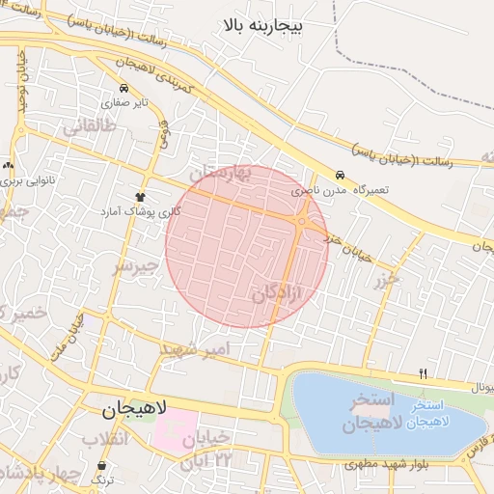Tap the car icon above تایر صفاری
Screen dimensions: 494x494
(123, 88)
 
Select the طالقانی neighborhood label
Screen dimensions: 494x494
(90, 127)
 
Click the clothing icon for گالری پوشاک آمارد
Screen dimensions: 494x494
(141, 197)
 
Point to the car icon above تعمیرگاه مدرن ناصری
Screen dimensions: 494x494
(340, 176)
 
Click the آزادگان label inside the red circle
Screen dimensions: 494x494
(278, 295)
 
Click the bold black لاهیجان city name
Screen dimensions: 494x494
(135, 410)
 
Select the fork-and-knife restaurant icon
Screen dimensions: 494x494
(423, 373)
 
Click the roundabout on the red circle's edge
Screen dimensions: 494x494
(303, 222)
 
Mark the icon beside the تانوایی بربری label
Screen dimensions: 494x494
(8, 165)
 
